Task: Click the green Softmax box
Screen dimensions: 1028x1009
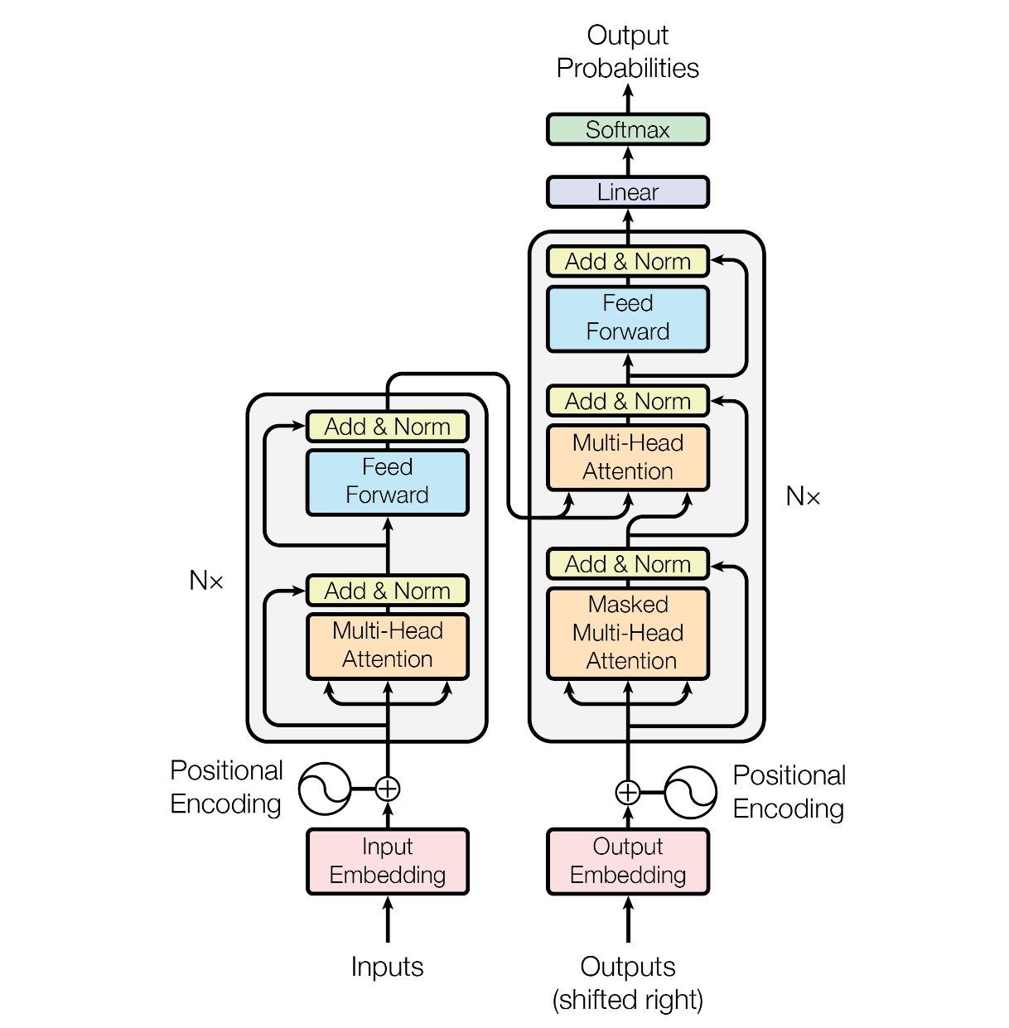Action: click(x=627, y=130)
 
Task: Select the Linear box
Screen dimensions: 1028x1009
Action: click(x=627, y=192)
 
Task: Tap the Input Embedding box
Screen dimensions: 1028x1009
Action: click(x=387, y=861)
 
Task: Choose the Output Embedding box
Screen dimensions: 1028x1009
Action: click(x=627, y=861)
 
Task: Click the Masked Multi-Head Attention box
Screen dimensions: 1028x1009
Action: click(x=627, y=634)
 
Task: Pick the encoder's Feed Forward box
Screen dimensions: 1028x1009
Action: click(x=387, y=482)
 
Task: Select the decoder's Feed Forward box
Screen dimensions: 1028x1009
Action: click(x=627, y=318)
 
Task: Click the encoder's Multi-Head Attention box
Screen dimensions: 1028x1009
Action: click(x=387, y=646)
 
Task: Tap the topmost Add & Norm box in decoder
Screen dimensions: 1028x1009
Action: click(x=627, y=262)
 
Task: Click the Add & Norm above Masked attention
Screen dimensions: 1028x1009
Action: click(x=627, y=564)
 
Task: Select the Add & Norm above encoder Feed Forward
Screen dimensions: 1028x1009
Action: click(x=387, y=427)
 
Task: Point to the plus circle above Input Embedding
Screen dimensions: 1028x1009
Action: click(x=388, y=789)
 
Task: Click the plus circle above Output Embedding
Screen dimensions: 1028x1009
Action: click(x=628, y=793)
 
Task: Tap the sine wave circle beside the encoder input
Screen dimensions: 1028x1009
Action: click(x=325, y=789)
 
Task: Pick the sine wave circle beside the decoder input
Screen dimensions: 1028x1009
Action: click(x=690, y=793)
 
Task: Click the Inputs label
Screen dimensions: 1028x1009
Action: click(x=387, y=967)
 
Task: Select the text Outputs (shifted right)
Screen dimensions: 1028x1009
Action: click(x=627, y=983)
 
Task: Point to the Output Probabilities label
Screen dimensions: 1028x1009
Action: click(x=627, y=51)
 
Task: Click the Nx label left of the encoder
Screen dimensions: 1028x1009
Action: click(x=206, y=581)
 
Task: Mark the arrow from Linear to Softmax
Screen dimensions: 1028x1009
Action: click(x=628, y=161)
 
